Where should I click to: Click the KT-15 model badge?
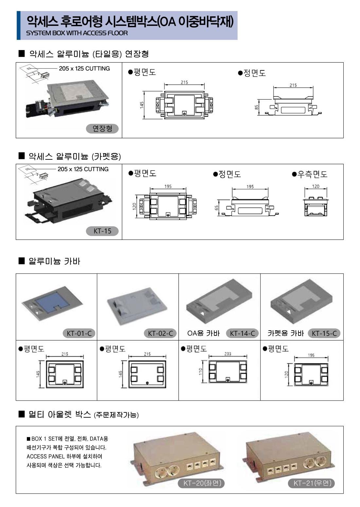102,231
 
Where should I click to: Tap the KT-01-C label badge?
79,334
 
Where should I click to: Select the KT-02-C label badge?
160,334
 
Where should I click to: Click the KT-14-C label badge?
242,334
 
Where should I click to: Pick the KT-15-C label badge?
324,334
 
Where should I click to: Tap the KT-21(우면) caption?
312,483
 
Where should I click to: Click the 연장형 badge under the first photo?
102,129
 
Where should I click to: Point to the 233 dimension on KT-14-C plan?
228,354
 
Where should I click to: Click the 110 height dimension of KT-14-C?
201,371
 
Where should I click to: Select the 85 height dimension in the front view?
257,107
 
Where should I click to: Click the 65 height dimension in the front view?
217,208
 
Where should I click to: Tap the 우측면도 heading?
310,174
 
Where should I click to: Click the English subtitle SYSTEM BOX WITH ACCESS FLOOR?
77,33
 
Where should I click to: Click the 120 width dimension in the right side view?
315,186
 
